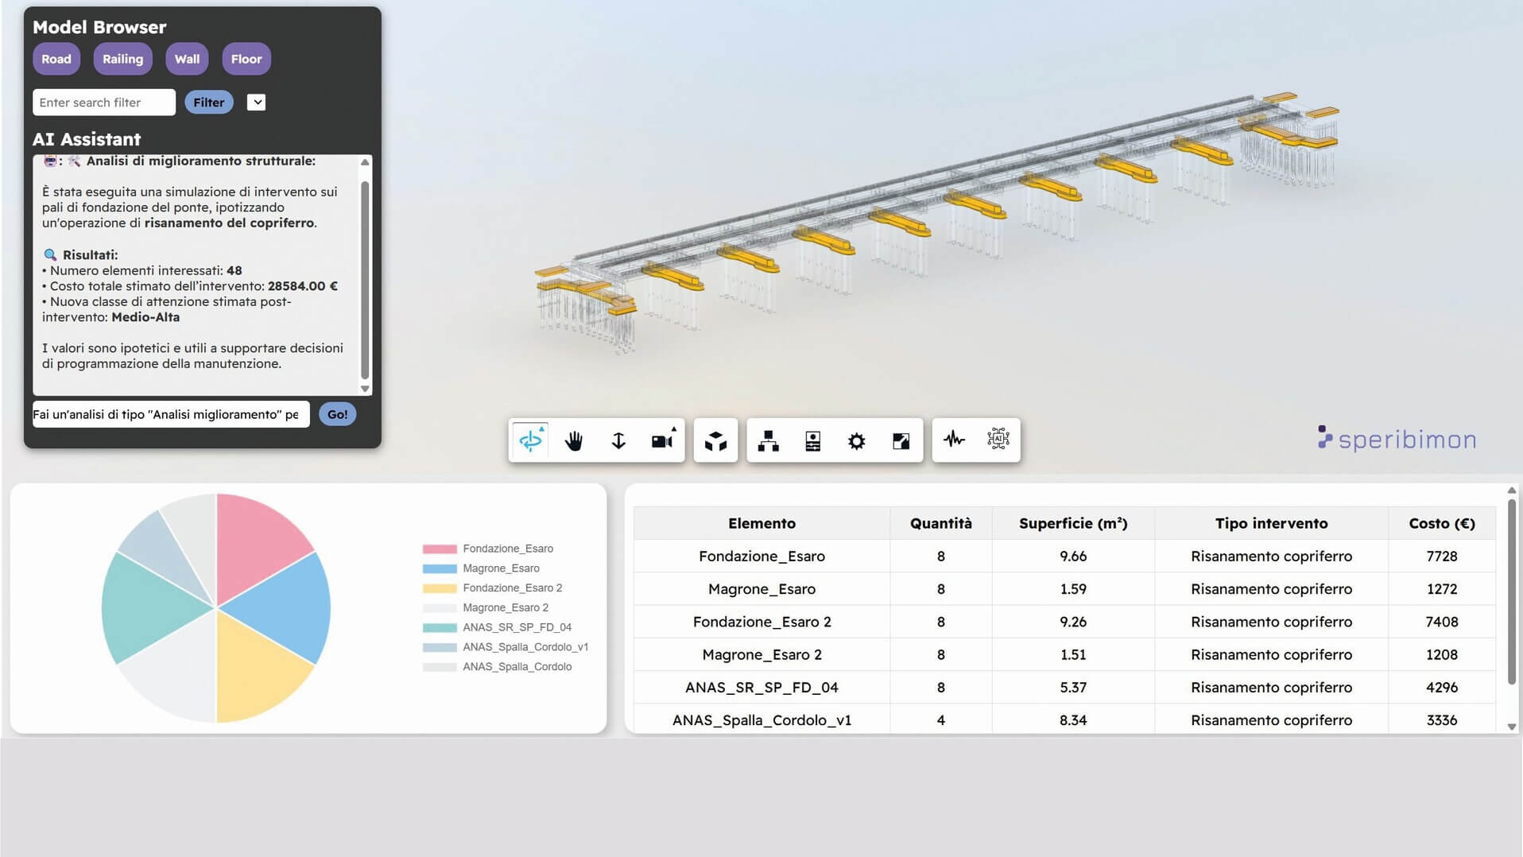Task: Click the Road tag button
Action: coord(56,59)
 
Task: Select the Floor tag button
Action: coord(246,59)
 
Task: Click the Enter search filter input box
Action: coord(104,103)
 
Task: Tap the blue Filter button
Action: coord(208,103)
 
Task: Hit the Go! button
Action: coord(337,414)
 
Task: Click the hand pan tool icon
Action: coord(574,440)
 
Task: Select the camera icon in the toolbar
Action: coord(663,440)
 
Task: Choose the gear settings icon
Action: coord(856,441)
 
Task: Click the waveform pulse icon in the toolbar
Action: coord(954,439)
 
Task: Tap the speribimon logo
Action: coord(1397,439)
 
